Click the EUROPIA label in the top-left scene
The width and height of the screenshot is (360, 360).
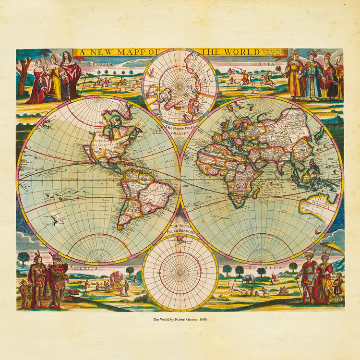pos(100,63)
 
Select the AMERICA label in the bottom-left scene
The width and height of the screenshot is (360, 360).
pos(84,268)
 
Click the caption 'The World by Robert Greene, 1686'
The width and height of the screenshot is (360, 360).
pos(180,319)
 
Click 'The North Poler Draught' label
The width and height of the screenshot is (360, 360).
pos(180,130)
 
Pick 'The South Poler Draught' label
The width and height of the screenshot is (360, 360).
pos(180,228)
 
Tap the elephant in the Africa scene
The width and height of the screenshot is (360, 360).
pos(248,279)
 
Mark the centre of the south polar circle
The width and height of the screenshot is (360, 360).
pos(180,272)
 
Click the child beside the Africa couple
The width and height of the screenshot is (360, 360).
pos(339,287)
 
